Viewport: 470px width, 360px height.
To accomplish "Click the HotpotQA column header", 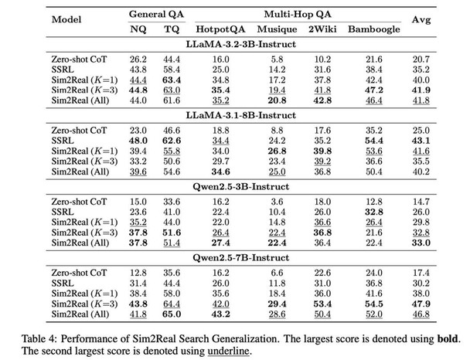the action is click(x=220, y=29).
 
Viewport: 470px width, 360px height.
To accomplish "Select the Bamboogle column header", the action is click(x=374, y=29).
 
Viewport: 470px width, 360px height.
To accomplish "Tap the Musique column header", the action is click(x=277, y=29).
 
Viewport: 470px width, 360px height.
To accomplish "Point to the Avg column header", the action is click(x=421, y=20).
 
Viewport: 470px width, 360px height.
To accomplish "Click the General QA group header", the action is click(x=156, y=14).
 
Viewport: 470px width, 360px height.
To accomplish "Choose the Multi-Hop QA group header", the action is click(x=298, y=14).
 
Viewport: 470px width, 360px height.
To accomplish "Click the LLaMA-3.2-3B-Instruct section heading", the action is click(x=241, y=44).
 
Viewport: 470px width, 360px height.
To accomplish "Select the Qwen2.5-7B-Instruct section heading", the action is click(x=241, y=257).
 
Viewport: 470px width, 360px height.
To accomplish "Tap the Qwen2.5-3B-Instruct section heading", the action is click(x=241, y=187).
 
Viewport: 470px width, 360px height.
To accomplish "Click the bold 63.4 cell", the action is click(x=172, y=80).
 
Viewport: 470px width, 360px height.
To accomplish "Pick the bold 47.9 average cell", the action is click(x=421, y=304).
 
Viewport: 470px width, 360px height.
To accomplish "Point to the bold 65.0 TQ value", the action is click(x=172, y=314).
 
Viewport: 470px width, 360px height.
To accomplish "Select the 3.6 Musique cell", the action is click(x=277, y=202).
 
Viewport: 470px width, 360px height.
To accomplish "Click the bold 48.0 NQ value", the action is click(x=138, y=141).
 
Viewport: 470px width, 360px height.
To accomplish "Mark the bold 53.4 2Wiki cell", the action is click(x=322, y=304).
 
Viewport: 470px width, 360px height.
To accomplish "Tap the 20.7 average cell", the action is click(x=421, y=59).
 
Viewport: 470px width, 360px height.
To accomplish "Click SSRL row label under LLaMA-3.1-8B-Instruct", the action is click(x=63, y=141).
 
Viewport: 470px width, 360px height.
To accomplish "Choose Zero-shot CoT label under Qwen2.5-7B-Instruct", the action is click(x=79, y=273).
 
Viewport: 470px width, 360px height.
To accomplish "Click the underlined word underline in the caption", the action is click(x=228, y=351).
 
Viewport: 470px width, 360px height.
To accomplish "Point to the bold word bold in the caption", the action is click(x=448, y=338).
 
